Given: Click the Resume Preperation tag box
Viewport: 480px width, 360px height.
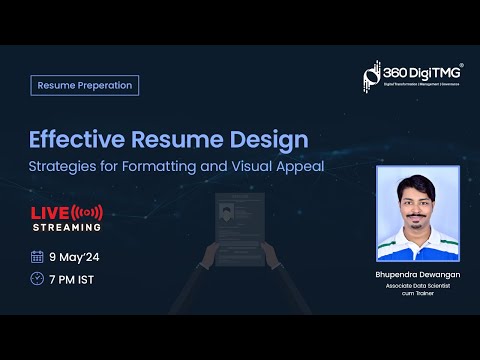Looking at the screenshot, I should click(84, 85).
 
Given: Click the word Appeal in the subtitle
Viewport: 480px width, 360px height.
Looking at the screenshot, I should click(303, 166).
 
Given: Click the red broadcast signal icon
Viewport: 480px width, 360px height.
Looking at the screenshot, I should click(88, 212).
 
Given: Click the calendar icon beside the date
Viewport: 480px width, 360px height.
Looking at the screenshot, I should click(37, 256).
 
